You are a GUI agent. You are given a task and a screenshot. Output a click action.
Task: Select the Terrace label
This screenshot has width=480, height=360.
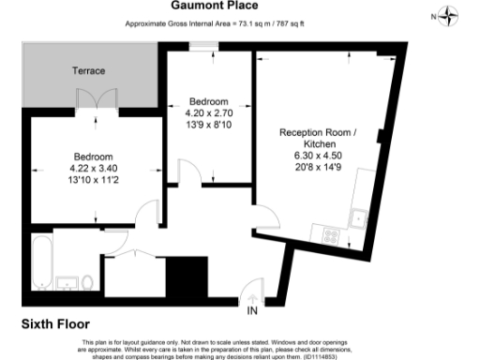tap(89, 71)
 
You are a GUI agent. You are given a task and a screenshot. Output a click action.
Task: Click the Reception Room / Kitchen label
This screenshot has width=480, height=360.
tap(319, 139)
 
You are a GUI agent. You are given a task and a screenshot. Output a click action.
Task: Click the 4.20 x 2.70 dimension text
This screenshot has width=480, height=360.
tap(207, 112)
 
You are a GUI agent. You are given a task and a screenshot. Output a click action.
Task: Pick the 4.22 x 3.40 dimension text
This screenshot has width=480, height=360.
tap(94, 168)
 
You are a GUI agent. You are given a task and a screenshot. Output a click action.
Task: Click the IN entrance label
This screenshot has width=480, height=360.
tap(252, 310)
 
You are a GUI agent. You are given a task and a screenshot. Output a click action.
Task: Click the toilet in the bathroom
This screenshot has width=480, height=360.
tap(86, 281)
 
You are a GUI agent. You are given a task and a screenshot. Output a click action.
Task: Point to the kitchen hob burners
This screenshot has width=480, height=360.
tap(330, 234)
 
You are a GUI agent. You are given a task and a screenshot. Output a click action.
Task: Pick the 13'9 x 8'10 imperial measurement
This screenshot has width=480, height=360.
tap(207, 124)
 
